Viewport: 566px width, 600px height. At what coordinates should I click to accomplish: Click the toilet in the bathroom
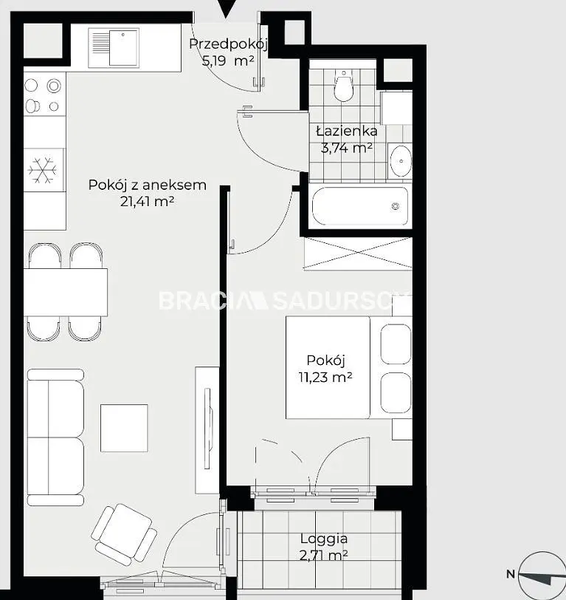click(344, 85)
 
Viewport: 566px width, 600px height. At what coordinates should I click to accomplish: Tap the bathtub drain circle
click(396, 206)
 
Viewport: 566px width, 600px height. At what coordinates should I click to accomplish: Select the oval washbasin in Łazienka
click(401, 161)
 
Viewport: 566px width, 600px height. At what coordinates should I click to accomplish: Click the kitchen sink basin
click(123, 47)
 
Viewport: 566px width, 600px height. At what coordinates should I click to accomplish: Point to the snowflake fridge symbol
click(43, 170)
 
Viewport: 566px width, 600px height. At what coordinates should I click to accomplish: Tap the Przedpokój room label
click(228, 44)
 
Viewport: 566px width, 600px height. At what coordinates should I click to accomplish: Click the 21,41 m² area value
click(147, 201)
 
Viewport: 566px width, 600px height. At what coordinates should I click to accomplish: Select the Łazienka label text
click(347, 132)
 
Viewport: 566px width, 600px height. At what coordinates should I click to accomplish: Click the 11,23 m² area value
click(325, 378)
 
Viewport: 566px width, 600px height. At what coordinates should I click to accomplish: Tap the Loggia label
click(324, 539)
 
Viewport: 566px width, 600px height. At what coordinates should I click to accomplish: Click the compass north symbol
click(542, 575)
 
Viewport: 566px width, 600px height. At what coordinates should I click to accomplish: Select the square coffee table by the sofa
click(124, 428)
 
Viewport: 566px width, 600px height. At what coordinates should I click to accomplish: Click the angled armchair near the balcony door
click(124, 534)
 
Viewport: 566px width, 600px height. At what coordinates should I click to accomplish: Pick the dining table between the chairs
click(66, 293)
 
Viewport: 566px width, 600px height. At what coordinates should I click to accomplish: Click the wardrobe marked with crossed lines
click(358, 253)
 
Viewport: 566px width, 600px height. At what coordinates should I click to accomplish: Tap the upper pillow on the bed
click(396, 344)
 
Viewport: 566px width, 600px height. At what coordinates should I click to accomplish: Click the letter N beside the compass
click(511, 574)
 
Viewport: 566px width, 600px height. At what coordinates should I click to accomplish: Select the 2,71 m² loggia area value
click(323, 555)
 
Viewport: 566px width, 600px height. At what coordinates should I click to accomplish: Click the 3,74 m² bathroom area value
click(347, 148)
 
